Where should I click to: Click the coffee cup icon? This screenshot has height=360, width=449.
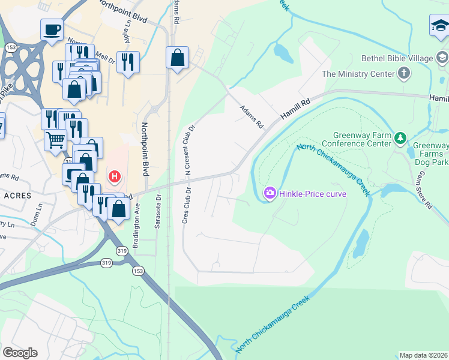[x=52, y=29]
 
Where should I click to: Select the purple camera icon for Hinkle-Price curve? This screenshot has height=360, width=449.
[x=270, y=193]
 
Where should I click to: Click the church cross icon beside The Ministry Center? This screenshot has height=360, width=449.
[x=404, y=74]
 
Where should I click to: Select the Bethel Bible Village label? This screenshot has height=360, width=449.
[x=397, y=58]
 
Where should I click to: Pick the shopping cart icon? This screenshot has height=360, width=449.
[x=55, y=140]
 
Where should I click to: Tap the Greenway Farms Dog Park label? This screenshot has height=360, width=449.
[x=431, y=154]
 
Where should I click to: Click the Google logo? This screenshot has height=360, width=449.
[x=20, y=353]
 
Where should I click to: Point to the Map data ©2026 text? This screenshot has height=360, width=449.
[x=423, y=355]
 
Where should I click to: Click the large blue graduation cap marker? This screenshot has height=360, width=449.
[x=439, y=27]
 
